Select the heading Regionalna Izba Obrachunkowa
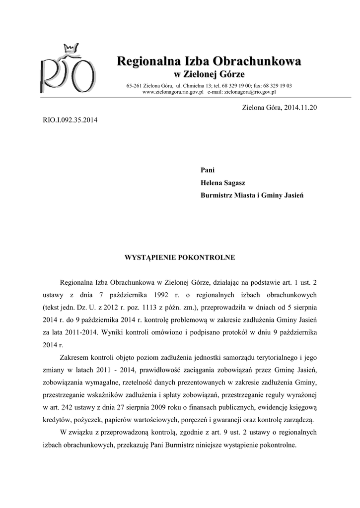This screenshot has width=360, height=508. (x=209, y=62)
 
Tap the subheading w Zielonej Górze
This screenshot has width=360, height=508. (x=209, y=74)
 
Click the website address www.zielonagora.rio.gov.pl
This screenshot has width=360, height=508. (x=173, y=92)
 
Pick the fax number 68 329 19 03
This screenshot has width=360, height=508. (x=275, y=86)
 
